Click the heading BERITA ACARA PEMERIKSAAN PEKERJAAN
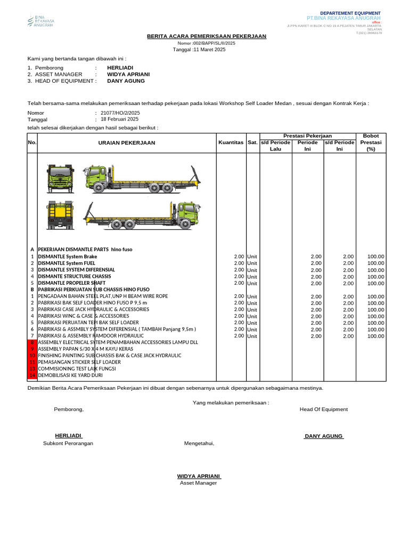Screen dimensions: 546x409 tap(207, 36)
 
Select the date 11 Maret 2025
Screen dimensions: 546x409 tap(200, 50)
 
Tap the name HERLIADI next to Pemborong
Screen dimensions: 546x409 tap(120, 68)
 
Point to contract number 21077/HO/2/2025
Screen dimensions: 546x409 tap(120, 113)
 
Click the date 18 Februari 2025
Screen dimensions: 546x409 tap(119, 120)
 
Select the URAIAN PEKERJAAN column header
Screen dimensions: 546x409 tap(126, 143)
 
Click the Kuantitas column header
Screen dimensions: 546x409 tap(231, 143)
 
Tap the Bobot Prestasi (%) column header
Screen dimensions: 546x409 tap(371, 142)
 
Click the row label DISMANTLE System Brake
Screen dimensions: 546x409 tap(68, 256)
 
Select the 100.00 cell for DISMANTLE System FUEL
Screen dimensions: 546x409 tap(375, 263)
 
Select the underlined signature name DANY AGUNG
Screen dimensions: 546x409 tap(324, 436)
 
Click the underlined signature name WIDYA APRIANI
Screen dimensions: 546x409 tap(199, 476)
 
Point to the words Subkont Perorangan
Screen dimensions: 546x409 tap(68, 444)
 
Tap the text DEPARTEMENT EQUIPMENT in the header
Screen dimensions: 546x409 tap(350, 13)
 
